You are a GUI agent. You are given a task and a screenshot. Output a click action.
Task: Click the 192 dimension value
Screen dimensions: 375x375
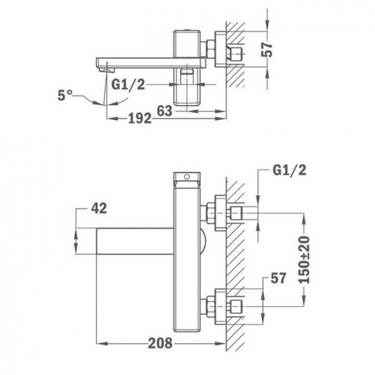[x=140, y=118]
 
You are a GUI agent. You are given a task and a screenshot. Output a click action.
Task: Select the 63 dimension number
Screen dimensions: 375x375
[x=165, y=111]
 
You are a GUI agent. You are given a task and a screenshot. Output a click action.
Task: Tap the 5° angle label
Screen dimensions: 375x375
[x=65, y=95]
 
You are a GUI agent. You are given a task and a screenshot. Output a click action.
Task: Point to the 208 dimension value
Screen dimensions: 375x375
[x=160, y=343]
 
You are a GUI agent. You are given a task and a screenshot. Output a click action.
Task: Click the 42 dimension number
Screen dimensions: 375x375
[x=99, y=208]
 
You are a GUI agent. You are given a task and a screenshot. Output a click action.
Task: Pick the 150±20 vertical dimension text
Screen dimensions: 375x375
[x=304, y=260]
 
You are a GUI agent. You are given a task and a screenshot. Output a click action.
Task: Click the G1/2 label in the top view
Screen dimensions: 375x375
[x=128, y=84]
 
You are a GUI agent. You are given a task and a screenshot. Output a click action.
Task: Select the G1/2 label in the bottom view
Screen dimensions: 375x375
[x=289, y=170]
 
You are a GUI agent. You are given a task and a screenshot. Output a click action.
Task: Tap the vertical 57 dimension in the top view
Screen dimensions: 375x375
[x=267, y=50]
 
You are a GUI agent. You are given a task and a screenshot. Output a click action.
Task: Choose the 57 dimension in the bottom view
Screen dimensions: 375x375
[x=278, y=278]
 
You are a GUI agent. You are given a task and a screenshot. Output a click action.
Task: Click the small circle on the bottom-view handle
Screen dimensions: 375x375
[x=187, y=177]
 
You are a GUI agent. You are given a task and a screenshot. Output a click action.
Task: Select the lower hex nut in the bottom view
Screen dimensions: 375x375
[x=211, y=307]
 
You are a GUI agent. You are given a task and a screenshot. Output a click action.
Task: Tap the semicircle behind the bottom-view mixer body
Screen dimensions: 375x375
[x=202, y=241]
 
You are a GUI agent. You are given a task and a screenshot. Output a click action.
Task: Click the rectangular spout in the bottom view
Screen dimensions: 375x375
[x=135, y=241]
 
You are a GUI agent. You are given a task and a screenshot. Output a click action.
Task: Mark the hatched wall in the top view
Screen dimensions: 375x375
[x=236, y=54]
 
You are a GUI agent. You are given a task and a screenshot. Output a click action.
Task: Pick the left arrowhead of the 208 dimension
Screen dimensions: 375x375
[x=101, y=344]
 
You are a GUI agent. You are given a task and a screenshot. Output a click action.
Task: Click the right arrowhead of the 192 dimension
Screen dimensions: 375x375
[x=221, y=119]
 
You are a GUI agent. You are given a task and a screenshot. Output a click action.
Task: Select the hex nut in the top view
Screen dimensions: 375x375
[x=210, y=50]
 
